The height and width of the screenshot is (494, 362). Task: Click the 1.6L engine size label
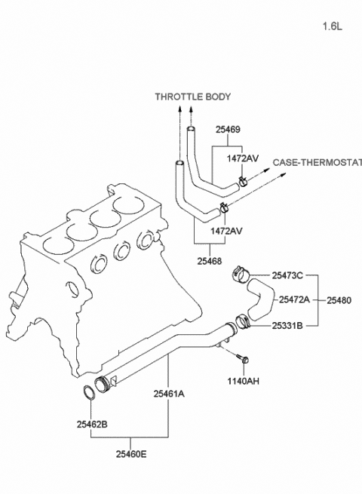click(x=332, y=26)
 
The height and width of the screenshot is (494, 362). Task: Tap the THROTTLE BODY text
click(x=193, y=97)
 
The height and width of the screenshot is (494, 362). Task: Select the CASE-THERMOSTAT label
click(x=317, y=163)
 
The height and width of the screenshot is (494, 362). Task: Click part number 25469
click(x=228, y=130)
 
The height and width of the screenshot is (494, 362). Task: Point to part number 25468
click(x=210, y=261)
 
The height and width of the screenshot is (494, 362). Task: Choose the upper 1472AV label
click(x=243, y=158)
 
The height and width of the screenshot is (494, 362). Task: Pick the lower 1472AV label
click(x=226, y=231)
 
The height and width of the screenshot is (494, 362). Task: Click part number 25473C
click(x=287, y=276)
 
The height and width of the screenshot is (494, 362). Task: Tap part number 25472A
click(x=294, y=299)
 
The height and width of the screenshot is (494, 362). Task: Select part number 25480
click(x=339, y=300)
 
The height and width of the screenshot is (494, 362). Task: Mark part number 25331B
click(x=287, y=326)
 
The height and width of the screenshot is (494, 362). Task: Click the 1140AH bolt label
click(x=244, y=381)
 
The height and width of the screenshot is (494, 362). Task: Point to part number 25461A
click(x=169, y=394)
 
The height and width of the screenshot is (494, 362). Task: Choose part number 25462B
click(x=92, y=425)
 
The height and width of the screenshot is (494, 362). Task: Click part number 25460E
click(x=131, y=454)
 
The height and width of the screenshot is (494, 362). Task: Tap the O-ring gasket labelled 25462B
click(x=89, y=392)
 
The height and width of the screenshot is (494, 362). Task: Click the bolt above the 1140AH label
click(x=242, y=357)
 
